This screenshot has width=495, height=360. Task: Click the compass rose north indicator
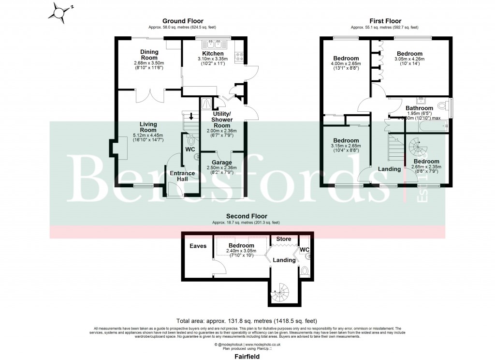(x=60, y=11)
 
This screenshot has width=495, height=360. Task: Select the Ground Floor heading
(x=182, y=21)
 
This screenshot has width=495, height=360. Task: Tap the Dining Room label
(x=149, y=55)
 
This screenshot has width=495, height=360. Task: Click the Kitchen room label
(x=213, y=53)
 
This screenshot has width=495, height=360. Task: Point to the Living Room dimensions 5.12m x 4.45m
(x=148, y=135)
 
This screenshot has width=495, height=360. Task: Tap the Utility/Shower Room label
(x=223, y=119)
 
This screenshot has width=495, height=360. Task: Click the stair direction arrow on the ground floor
(x=192, y=116)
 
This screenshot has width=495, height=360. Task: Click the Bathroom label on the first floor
(x=419, y=108)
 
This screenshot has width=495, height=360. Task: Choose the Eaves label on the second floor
(x=198, y=246)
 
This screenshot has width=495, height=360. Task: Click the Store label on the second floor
(x=284, y=239)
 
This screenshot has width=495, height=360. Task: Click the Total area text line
(x=247, y=320)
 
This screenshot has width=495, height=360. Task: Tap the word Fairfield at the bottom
(x=247, y=356)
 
